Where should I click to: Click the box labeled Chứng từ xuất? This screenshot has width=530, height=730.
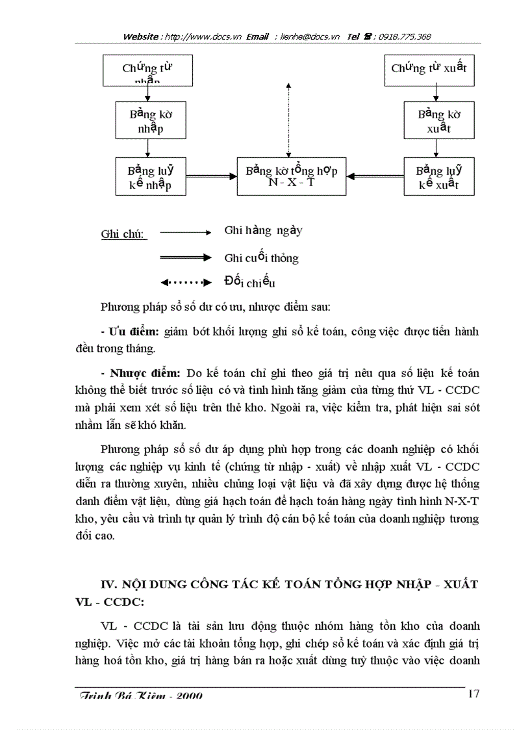[429, 70]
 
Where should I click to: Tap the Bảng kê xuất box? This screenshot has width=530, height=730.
[439, 120]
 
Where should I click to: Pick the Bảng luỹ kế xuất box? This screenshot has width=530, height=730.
[439, 176]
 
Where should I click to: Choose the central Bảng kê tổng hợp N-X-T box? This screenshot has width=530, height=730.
[292, 176]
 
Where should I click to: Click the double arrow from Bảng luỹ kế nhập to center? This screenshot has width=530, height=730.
[210, 176]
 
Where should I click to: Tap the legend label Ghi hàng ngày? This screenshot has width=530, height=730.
[263, 231]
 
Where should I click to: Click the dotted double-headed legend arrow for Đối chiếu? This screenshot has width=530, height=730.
[186, 283]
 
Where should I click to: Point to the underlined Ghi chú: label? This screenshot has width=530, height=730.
[123, 234]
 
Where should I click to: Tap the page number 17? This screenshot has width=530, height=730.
[473, 694]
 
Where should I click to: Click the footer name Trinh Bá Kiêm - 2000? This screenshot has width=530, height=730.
[140, 696]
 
